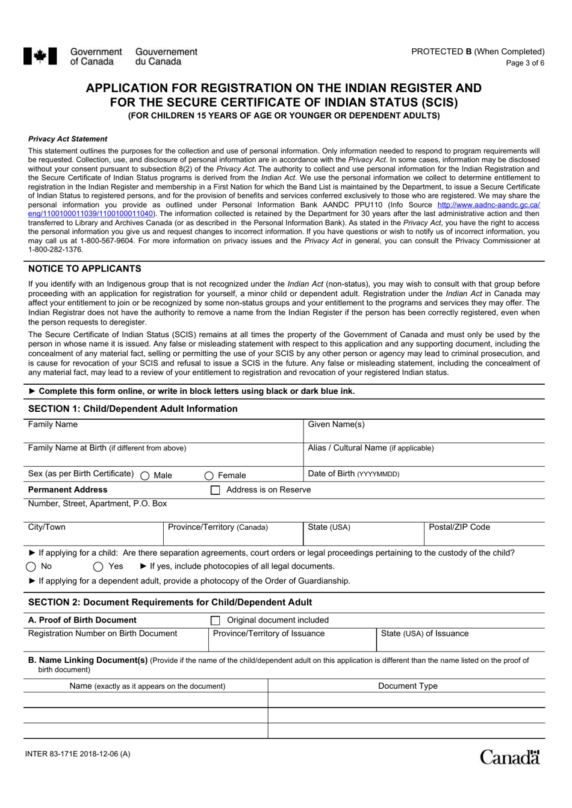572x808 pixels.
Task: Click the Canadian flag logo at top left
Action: (x=40, y=57)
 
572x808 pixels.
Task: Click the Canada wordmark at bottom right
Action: (x=509, y=757)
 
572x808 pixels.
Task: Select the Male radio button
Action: (x=145, y=476)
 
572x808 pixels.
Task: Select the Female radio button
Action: (x=209, y=476)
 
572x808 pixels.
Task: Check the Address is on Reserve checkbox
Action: (x=215, y=490)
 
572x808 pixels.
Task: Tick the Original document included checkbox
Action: (x=215, y=620)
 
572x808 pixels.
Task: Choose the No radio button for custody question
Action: (x=31, y=567)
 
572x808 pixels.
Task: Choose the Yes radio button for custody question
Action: (x=98, y=567)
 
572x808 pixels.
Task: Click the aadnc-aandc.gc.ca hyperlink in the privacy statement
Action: (x=488, y=205)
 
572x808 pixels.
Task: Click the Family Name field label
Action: (x=53, y=424)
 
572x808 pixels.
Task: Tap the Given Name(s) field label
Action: (x=336, y=424)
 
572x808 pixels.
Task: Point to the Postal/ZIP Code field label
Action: (x=459, y=527)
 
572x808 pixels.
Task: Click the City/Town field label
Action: (x=47, y=527)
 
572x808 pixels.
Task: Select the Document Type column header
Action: (x=408, y=686)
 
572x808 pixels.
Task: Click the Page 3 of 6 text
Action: (x=525, y=63)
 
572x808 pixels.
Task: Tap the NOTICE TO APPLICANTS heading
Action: (x=85, y=269)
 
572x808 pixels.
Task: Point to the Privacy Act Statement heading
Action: (x=67, y=139)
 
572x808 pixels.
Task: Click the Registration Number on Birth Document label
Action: (x=103, y=633)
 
